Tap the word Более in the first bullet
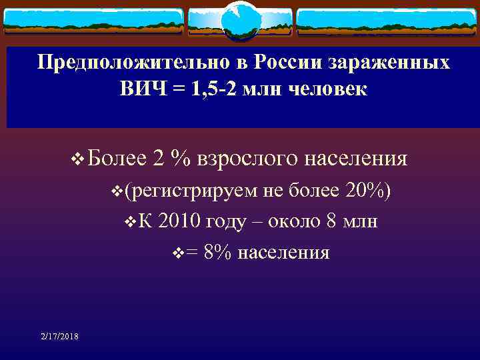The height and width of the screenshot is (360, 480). click(x=117, y=159)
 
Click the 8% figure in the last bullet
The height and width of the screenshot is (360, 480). click(x=218, y=253)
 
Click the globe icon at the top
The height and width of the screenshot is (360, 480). click(x=240, y=20)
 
